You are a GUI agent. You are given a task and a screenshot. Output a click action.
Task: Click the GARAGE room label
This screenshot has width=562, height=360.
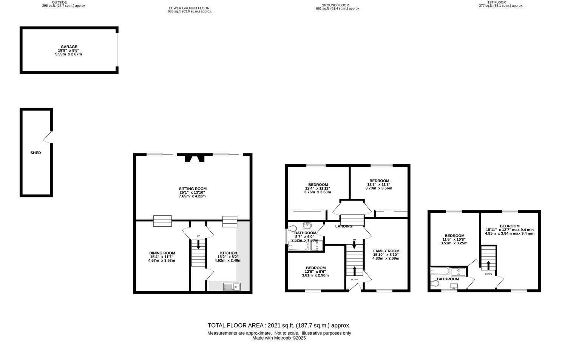point(69,47)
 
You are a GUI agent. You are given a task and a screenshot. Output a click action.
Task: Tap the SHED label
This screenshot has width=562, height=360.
point(36,153)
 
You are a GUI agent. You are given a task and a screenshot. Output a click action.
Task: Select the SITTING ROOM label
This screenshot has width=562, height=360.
point(193,189)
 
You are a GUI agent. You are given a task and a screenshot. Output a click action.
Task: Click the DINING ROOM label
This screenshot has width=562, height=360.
point(162,253)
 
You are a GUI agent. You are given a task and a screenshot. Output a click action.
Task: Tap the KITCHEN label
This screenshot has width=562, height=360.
point(229,253)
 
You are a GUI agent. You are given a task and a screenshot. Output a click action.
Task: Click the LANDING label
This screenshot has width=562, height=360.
point(343,226)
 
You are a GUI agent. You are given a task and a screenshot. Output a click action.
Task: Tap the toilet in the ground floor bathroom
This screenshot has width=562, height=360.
point(292,229)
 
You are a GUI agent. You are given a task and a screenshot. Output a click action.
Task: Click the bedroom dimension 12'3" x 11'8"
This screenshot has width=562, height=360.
point(379,184)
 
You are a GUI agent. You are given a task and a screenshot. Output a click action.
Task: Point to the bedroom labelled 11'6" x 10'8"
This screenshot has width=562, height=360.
point(454,239)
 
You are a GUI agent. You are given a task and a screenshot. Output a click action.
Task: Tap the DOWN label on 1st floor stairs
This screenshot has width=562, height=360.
point(488,274)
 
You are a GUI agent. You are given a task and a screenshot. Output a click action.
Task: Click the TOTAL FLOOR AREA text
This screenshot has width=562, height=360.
point(279,325)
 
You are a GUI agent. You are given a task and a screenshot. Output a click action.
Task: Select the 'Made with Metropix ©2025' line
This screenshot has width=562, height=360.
point(279,338)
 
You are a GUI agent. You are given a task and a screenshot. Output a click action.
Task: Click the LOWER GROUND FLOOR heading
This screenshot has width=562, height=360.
point(189,8)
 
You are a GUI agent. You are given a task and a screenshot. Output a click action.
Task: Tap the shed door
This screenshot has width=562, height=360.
point(48,137)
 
